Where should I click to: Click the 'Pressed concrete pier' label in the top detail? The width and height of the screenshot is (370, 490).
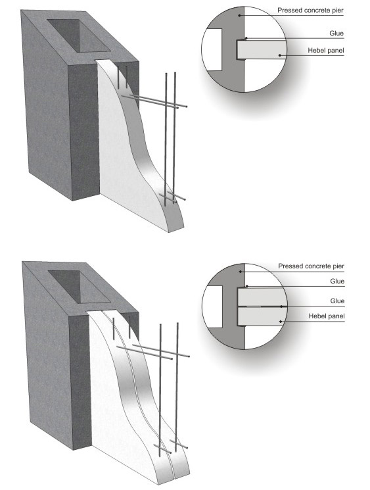[x=310, y=11]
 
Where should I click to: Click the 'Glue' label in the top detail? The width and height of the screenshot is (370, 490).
[x=336, y=33]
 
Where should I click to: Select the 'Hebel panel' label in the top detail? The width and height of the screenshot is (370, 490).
[x=326, y=50]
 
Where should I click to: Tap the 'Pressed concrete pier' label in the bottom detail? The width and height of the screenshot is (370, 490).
[x=311, y=266]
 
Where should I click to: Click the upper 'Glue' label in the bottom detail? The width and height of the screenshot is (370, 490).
[x=337, y=282]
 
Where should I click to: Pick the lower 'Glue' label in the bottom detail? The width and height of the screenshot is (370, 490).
[x=337, y=301]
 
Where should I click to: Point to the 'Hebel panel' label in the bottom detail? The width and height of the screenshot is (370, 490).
[x=327, y=316]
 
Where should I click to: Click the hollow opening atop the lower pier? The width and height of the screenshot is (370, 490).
[x=80, y=287]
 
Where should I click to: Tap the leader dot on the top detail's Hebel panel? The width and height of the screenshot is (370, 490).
[x=280, y=55]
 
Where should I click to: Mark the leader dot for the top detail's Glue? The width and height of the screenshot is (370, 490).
[x=246, y=38]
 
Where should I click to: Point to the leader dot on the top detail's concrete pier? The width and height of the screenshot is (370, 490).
[x=239, y=15]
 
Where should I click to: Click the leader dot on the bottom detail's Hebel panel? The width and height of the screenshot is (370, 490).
[x=281, y=321]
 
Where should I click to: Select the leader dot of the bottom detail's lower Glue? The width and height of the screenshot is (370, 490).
[x=281, y=306]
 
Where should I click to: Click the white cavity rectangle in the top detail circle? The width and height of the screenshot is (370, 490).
[x=212, y=49]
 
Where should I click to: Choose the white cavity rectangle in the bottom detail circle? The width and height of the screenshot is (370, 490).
[x=213, y=306]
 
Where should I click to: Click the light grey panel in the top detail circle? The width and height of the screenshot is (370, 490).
[x=262, y=50]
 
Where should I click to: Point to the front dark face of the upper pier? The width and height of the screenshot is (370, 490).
[x=83, y=132]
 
